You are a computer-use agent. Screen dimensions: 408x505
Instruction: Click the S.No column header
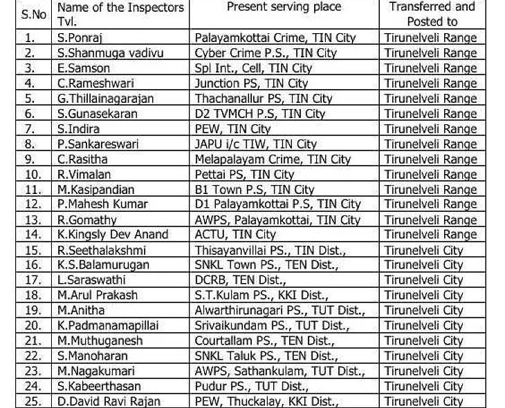click(x=28, y=14)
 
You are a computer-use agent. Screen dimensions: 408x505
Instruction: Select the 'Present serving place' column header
click(x=284, y=8)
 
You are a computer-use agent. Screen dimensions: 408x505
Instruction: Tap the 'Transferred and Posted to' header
click(x=432, y=14)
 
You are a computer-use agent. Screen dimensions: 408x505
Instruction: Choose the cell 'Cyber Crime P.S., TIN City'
click(x=266, y=53)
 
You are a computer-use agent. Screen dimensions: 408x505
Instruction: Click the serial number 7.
click(x=28, y=129)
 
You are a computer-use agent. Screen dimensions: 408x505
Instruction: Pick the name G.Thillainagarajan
click(x=106, y=99)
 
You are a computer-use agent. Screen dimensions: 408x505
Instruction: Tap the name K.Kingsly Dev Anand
click(x=113, y=235)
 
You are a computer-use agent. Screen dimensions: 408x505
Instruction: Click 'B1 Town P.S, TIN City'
click(x=255, y=189)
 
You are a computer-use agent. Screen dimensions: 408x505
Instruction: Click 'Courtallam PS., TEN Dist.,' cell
click(x=266, y=341)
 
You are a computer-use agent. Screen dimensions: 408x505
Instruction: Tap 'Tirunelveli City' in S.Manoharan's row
click(x=423, y=356)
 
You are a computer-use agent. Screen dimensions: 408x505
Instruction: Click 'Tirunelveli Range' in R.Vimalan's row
click(x=430, y=175)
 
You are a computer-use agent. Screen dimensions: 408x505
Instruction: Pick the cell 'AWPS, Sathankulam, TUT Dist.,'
click(x=279, y=371)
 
